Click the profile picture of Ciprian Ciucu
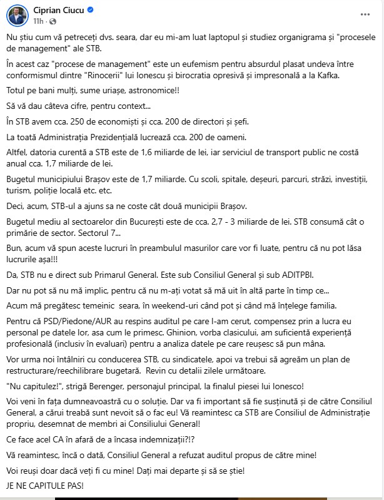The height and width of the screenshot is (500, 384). (17, 15)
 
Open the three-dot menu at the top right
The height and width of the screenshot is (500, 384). (365, 15)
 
